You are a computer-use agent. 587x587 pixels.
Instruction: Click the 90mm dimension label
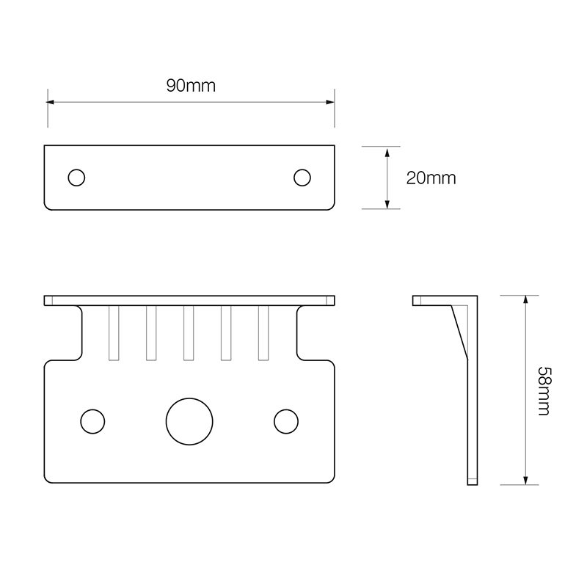pyautogui.click(x=190, y=86)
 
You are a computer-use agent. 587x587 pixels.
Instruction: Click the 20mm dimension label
pyautogui.click(x=431, y=178)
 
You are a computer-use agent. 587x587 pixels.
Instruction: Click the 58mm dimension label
pyautogui.click(x=543, y=390)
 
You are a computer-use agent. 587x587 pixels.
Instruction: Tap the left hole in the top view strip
pyautogui.click(x=76, y=178)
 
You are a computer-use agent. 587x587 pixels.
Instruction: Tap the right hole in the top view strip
pyautogui.click(x=302, y=178)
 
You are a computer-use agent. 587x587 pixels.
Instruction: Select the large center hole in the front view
pyautogui.click(x=189, y=421)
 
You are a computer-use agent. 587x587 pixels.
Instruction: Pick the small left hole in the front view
pyautogui.click(x=92, y=421)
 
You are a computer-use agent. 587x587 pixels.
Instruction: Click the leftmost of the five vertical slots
pyautogui.click(x=114, y=333)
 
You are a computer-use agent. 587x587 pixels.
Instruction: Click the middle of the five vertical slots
pyautogui.click(x=189, y=333)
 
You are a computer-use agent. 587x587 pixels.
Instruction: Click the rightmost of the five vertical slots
pyautogui.click(x=263, y=333)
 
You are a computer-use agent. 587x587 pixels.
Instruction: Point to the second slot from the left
pyautogui.click(x=151, y=333)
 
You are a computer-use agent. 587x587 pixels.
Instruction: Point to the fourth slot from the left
pyautogui.click(x=226, y=333)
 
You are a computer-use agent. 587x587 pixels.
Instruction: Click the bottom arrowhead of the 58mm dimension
pyautogui.click(x=525, y=480)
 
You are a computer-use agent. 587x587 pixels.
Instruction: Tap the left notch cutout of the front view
pyautogui.click(x=65, y=334)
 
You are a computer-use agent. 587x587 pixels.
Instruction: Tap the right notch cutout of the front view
pyautogui.click(x=316, y=334)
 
